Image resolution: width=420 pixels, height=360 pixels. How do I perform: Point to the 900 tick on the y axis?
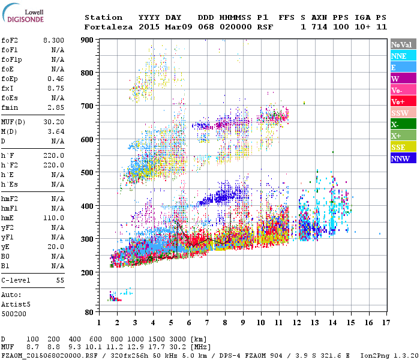coord(88,40)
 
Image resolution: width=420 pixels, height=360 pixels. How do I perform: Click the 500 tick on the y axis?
coord(88,173)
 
